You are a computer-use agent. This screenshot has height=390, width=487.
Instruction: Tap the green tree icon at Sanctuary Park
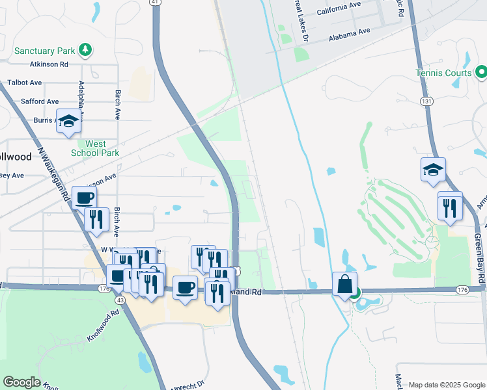(x=85, y=49)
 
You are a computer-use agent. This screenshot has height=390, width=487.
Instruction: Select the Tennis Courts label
(x=443, y=73)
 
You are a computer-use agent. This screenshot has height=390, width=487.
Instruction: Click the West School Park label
(x=96, y=148)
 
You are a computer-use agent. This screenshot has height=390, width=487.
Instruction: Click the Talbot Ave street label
(x=25, y=83)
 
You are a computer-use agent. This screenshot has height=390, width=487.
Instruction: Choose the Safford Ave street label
(x=40, y=101)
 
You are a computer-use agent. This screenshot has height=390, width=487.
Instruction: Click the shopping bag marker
(x=344, y=284)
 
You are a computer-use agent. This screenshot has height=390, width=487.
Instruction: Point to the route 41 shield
(x=154, y=3)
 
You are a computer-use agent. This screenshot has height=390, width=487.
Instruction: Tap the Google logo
(x=22, y=382)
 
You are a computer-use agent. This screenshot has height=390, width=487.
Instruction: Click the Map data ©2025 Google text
(x=447, y=385)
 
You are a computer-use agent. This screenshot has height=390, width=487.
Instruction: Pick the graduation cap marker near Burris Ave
(x=68, y=122)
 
